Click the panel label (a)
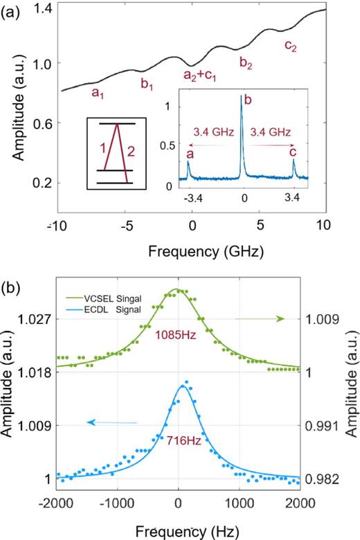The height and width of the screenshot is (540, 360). point(12,12)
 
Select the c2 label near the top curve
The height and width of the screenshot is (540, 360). point(291,46)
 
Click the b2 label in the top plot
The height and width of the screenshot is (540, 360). point(246,63)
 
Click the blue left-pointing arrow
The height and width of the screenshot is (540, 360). point(115,422)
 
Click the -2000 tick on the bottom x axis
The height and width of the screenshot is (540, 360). point(57,502)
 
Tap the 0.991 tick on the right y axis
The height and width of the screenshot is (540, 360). point(321,425)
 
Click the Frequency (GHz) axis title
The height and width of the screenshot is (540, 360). point(193,248)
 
